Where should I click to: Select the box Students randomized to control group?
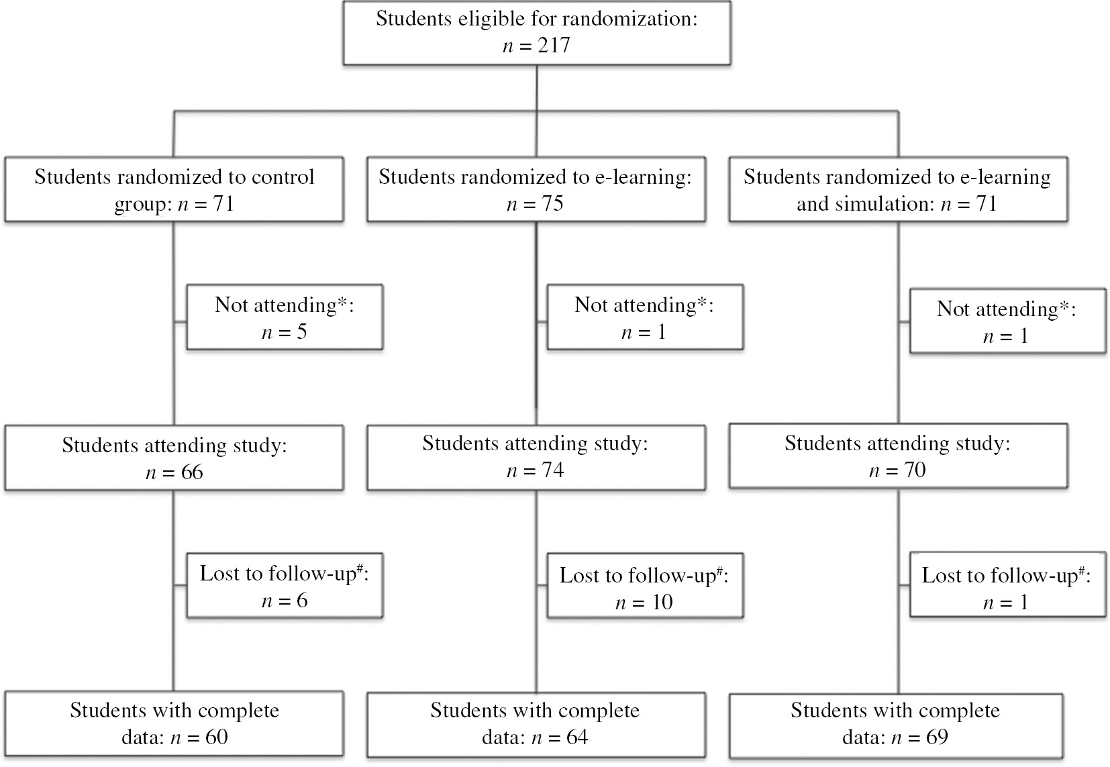tap(174, 190)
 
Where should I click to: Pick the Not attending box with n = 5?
tap(285, 317)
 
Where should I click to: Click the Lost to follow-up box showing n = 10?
tap(645, 587)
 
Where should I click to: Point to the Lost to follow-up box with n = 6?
tap(285, 586)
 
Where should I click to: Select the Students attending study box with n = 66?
tap(174, 458)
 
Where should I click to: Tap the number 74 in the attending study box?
tap(552, 470)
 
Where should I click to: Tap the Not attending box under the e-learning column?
tap(645, 317)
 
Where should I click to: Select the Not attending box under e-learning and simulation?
tap(1007, 321)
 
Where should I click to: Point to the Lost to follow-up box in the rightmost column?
tap(1007, 588)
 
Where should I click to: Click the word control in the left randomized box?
tap(282, 177)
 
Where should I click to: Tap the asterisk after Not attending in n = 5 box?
tap(342, 303)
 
